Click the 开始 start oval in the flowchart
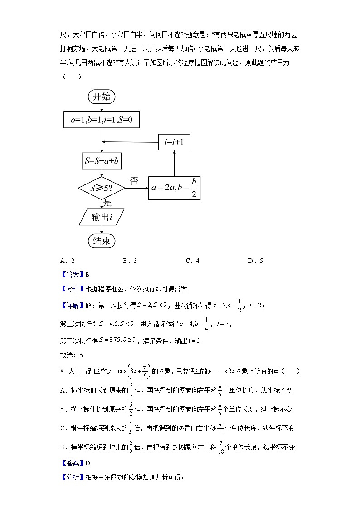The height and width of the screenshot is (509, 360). (x=102, y=96)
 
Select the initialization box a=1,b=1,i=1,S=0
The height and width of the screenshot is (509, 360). (x=102, y=120)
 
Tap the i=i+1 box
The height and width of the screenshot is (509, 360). (x=174, y=142)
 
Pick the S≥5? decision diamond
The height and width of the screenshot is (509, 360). (x=102, y=187)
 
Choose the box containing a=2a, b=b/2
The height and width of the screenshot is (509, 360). (x=174, y=187)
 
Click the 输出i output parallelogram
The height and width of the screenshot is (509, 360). (x=102, y=217)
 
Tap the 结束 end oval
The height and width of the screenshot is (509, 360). (x=102, y=241)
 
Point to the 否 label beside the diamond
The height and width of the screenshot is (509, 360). (x=134, y=181)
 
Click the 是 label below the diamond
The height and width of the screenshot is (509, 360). (x=107, y=202)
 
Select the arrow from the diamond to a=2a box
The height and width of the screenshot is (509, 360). (x=136, y=188)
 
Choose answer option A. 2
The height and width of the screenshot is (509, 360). (x=67, y=261)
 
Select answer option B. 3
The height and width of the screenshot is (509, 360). (x=130, y=261)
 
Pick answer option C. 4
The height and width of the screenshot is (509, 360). (x=193, y=261)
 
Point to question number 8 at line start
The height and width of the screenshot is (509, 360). (x=62, y=371)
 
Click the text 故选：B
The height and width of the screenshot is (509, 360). (x=72, y=355)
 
